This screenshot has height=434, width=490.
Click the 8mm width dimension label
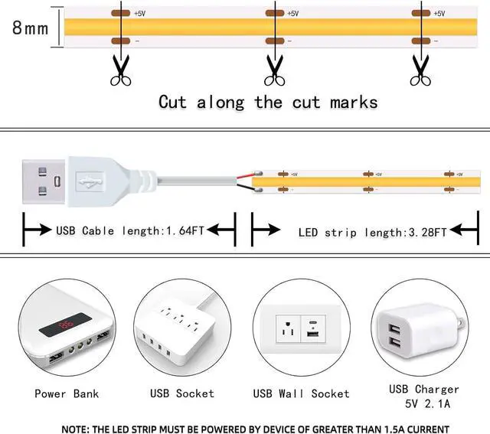coord(30,28)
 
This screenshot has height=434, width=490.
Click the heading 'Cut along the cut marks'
coord(268,102)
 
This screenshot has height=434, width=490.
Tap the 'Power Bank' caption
coord(66,393)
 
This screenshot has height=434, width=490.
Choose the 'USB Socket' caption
coord(181,393)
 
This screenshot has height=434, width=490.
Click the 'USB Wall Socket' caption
coord(301,393)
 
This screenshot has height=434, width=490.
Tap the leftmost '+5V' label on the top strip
coord(140,14)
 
